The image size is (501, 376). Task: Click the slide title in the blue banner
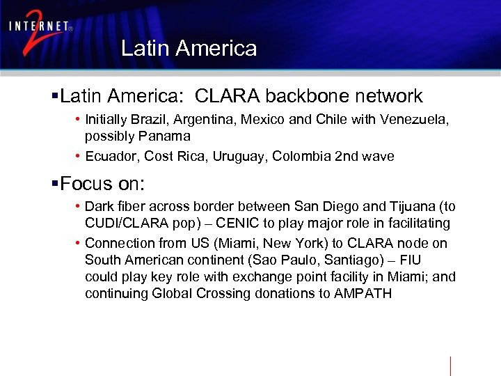189,48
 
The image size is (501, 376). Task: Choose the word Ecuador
111,157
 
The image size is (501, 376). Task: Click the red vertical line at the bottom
450,366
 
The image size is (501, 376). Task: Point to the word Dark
98,207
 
